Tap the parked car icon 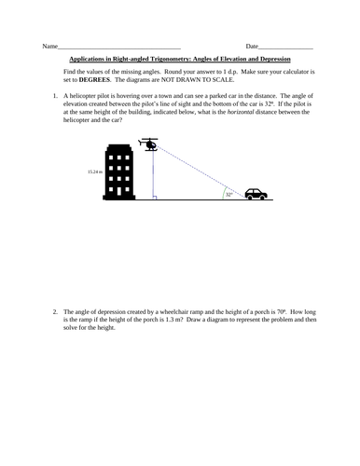(x=256, y=194)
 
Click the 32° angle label (x=228, y=194)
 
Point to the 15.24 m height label (x=94, y=172)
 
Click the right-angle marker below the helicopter (x=155, y=197)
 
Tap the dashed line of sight (x=201, y=173)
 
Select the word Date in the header (x=252, y=47)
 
